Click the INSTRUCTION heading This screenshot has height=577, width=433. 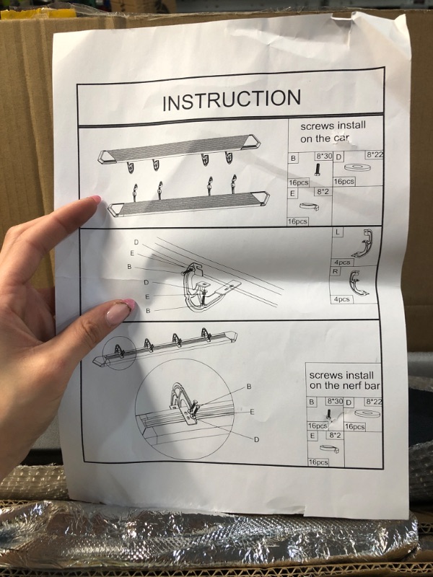pos(232,100)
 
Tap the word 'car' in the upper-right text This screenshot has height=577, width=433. pos(341,138)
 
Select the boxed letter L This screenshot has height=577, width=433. pos(338,232)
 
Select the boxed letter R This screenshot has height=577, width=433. pos(335,272)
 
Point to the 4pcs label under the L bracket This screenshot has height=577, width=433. pos(342,263)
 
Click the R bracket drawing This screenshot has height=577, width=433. pos(357,283)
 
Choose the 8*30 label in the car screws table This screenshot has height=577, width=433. pos(323,156)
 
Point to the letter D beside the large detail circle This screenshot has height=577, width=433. pos(257,439)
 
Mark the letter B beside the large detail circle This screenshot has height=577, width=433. pos(249,387)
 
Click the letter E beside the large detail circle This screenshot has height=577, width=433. pos(252,412)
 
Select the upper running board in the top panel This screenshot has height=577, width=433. pos(179,148)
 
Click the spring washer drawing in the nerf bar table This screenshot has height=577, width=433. pos(329,449)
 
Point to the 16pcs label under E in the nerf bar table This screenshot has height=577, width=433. pos(318,462)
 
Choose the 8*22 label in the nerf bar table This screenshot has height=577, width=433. pos(373,402)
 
